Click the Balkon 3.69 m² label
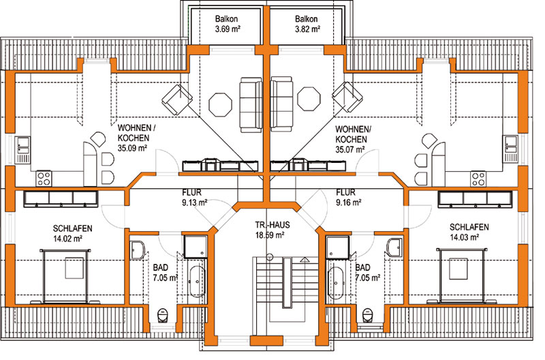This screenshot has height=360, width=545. (228, 24)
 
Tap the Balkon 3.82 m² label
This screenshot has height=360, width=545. (307, 24)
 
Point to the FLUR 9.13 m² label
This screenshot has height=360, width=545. (195, 197)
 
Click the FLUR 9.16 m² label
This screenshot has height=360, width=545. (349, 197)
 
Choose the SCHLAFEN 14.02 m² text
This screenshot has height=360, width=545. (72, 233)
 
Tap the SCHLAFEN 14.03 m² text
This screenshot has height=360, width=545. (469, 232)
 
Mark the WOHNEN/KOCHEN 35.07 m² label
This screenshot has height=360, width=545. (353, 139)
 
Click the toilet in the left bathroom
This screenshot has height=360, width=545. (162, 316)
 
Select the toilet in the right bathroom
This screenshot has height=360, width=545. (367, 316)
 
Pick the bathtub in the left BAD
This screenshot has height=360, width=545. (197, 282)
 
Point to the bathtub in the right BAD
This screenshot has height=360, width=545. (336, 283)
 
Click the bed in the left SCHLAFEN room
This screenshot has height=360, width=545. (65, 276)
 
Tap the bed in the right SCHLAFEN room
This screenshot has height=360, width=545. (461, 275)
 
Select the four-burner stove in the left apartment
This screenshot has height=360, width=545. (44, 179)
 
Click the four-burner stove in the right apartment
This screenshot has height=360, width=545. (478, 179)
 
